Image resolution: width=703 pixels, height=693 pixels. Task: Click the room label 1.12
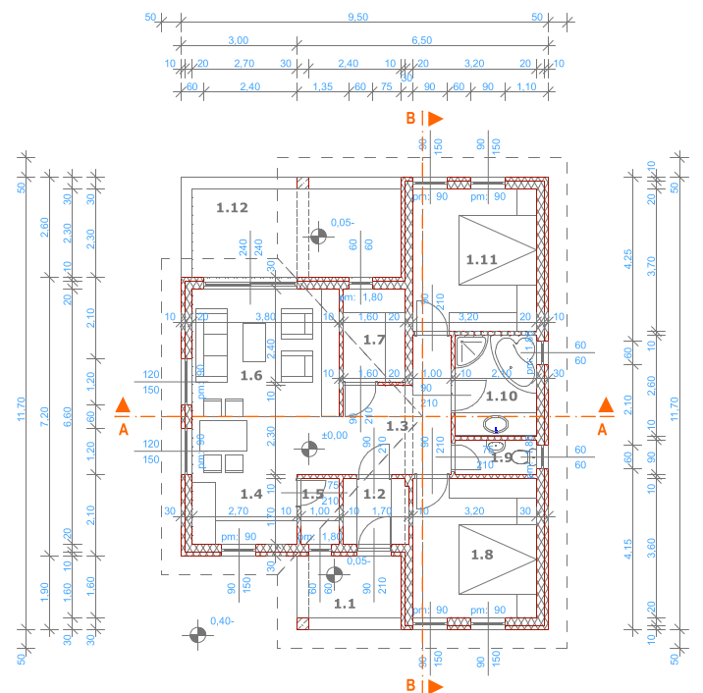coord(233,207)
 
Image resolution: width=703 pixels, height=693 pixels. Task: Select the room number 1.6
coord(251,376)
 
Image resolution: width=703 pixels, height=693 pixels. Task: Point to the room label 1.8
coord(482,555)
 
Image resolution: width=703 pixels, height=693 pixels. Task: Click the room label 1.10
coord(501,396)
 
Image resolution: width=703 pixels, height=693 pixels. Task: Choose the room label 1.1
coord(345,605)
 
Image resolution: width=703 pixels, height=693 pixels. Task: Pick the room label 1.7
coord(374,340)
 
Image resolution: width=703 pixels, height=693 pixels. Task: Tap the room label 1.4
coord(250,494)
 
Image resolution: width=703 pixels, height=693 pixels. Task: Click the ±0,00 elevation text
coord(335,435)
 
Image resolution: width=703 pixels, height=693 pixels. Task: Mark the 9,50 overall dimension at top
coord(357,17)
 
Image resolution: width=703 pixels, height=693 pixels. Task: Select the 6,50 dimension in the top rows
coord(420,40)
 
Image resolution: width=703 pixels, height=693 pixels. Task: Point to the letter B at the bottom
coord(411,684)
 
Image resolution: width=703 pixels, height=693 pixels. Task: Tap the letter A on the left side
coord(122,429)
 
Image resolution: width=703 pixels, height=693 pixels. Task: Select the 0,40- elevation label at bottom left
coord(223,620)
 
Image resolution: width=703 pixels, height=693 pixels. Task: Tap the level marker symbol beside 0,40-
coord(197,634)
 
